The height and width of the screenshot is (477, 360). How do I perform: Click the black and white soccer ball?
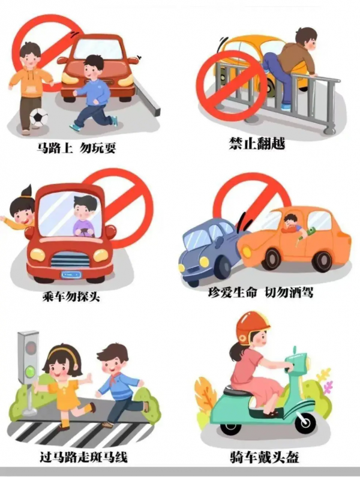(x=39, y=118)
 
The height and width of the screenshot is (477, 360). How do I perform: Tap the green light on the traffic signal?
(x=31, y=371)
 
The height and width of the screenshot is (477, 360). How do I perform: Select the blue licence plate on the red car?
(x=71, y=275)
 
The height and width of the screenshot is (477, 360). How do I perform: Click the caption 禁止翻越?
(x=257, y=143)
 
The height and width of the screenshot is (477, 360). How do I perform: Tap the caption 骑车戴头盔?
(x=265, y=457)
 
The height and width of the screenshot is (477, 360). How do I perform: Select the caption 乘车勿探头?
(x=71, y=295)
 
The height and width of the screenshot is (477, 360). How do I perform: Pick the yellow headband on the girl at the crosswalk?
(x=63, y=352)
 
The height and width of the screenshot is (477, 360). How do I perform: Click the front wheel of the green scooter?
(x=303, y=422)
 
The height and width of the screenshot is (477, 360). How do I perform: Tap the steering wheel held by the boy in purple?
(x=84, y=232)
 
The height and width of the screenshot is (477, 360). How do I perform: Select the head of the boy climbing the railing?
(x=306, y=38)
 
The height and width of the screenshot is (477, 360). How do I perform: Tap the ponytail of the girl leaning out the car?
(x=26, y=191)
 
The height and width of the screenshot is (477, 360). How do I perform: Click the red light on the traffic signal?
(x=31, y=347)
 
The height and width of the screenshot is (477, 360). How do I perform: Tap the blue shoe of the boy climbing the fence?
(x=286, y=107)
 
